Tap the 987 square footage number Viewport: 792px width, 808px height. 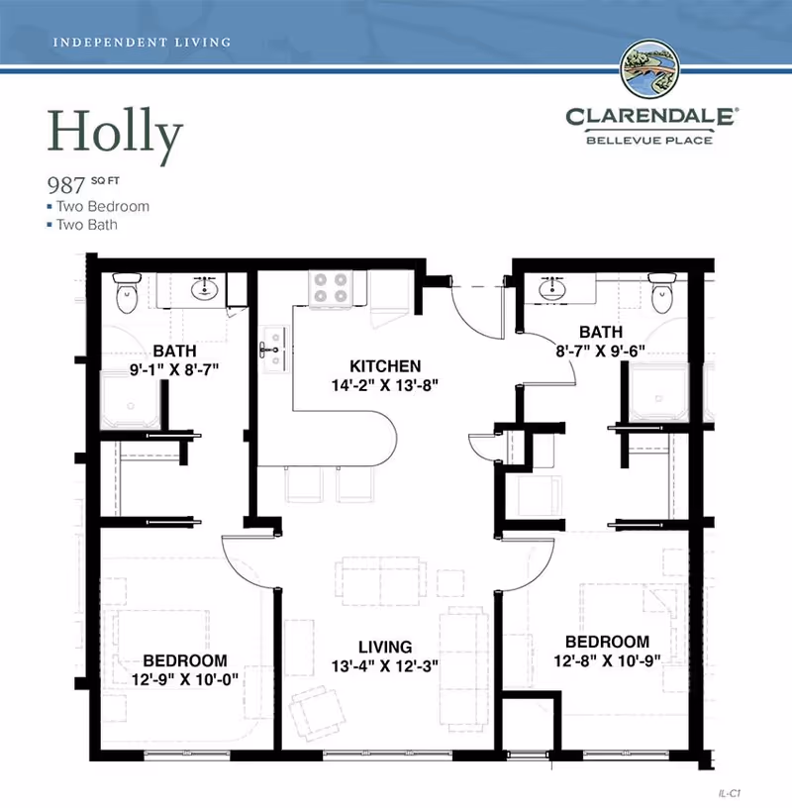coord(64,184)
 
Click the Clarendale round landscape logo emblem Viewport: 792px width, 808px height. coord(649,70)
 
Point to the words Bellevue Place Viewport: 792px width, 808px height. coord(649,140)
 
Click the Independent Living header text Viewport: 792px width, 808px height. coord(140,43)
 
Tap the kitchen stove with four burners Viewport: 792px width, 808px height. coord(331,287)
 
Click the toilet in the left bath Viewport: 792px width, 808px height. coord(126,292)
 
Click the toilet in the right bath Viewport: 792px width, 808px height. coord(660,292)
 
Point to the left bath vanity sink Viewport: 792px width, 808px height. coord(206,289)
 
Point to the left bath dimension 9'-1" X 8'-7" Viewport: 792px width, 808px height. coord(174,369)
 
